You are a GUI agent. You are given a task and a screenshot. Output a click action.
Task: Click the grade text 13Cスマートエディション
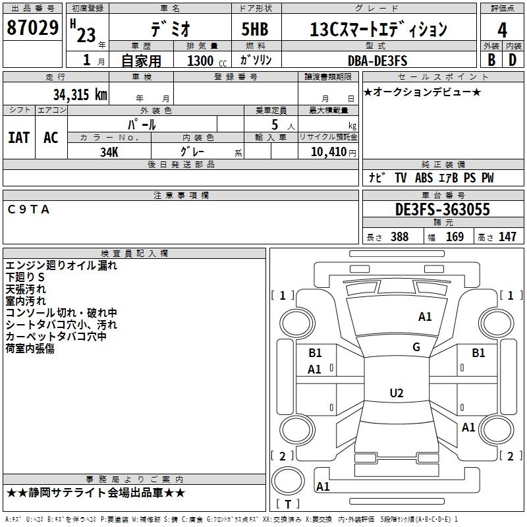pyautogui.click(x=378, y=30)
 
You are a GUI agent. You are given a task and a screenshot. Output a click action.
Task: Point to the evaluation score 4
pyautogui.click(x=503, y=30)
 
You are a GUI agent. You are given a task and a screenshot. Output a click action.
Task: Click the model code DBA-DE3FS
pyautogui.click(x=378, y=61)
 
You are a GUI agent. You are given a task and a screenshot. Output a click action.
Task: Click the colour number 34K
pyautogui.click(x=109, y=152)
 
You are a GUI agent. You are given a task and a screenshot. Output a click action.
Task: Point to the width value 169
pyautogui.click(x=455, y=237)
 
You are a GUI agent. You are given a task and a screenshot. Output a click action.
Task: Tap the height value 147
pyautogui.click(x=507, y=237)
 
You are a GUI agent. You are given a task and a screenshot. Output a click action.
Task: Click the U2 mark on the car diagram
pyautogui.click(x=396, y=393)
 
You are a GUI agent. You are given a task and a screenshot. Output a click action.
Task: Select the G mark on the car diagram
pyautogui.click(x=416, y=347)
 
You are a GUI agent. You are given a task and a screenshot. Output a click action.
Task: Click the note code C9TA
pyautogui.click(x=29, y=209)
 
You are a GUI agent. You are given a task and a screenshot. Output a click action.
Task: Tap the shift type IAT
pyautogui.click(x=19, y=138)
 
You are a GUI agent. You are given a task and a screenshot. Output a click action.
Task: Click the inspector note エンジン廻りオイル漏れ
pyautogui.click(x=61, y=265)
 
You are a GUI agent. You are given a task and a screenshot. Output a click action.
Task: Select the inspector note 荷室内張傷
pyautogui.click(x=30, y=348)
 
